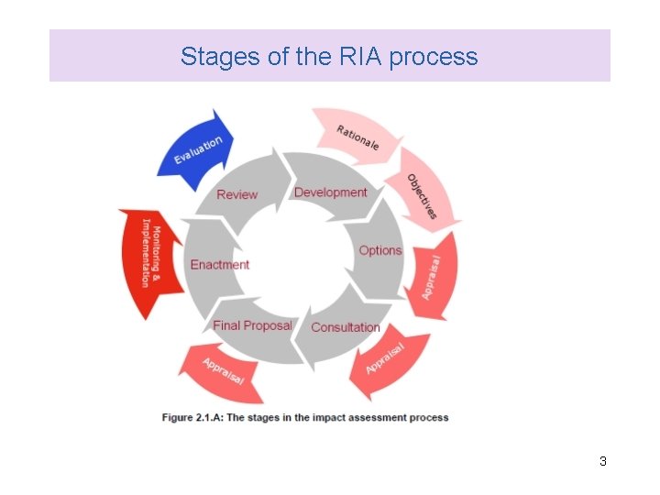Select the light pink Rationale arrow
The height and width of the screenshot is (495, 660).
358,137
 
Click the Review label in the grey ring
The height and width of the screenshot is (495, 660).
236,194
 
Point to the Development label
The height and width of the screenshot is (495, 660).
330,192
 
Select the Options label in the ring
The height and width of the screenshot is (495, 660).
380,250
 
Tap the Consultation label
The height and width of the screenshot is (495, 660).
346,327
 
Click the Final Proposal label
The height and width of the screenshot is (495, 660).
252,325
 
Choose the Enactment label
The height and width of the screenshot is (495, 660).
220,265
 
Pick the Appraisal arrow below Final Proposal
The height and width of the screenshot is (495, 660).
223,368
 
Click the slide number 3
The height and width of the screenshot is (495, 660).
602,461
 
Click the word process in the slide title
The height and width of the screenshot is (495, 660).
434,57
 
